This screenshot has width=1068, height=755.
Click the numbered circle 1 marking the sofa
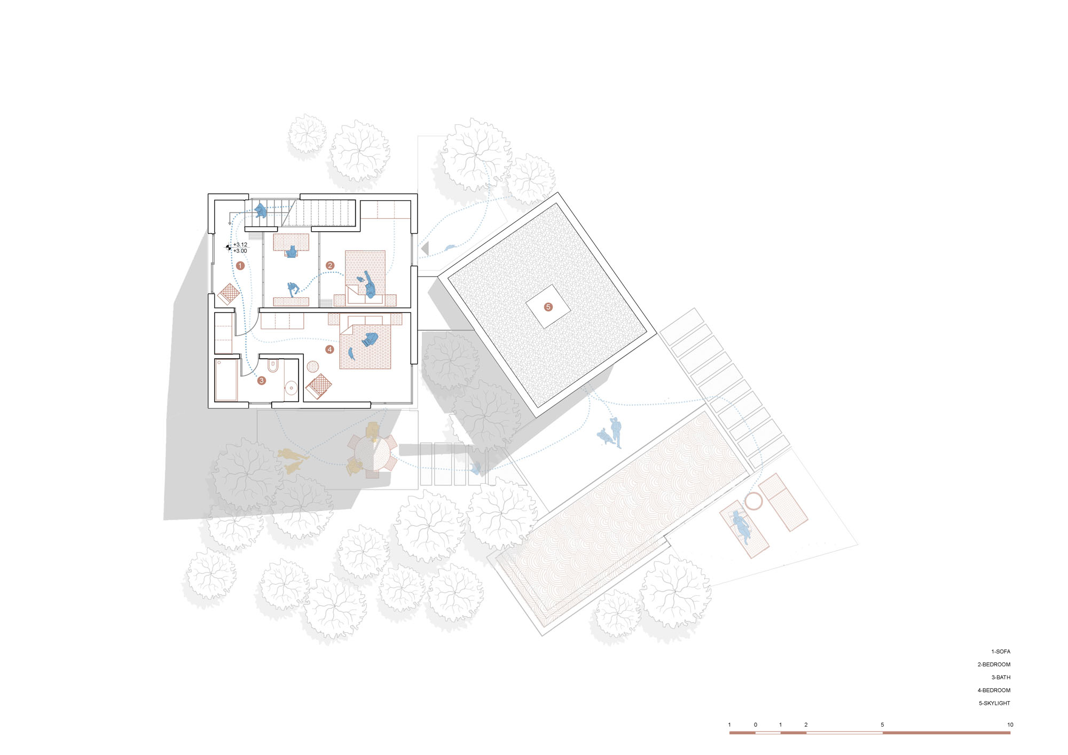(240, 265)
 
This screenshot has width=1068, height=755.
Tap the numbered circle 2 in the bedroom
(330, 265)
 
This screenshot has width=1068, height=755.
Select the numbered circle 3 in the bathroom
(262, 381)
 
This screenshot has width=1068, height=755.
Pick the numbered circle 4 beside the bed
(329, 349)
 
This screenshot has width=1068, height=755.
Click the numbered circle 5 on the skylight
(548, 307)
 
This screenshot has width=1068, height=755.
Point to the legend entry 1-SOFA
(1001, 651)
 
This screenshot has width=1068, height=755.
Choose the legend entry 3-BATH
(1001, 677)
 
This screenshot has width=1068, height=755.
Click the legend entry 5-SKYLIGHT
(994, 703)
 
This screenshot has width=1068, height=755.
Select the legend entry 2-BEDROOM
(994, 664)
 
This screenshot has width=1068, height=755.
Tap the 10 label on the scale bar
(1010, 725)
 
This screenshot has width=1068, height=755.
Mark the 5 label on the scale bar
(882, 725)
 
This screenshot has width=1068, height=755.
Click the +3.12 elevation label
(240, 245)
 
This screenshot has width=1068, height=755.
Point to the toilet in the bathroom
(272, 366)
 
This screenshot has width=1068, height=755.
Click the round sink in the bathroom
(291, 387)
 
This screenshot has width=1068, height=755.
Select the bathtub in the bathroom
(226, 380)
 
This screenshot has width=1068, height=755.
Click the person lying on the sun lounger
(741, 525)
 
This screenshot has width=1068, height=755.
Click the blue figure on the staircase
(261, 210)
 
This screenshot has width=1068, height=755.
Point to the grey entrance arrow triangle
(426, 248)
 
